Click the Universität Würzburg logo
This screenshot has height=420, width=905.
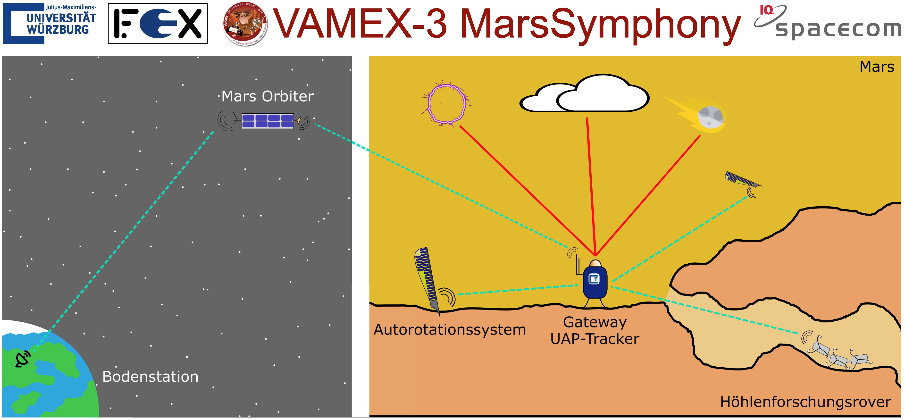50,24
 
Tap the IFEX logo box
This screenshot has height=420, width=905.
158,24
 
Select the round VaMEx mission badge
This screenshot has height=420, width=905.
245,24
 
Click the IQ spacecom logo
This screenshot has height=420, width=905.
827,22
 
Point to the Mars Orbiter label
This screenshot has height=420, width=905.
267,96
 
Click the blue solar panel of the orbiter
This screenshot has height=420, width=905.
268,121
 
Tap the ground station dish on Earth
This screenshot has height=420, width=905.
23,359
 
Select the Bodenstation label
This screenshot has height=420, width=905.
150,377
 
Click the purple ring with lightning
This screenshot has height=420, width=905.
446,104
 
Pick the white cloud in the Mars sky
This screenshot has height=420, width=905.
585,95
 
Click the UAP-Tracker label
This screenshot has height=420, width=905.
595,339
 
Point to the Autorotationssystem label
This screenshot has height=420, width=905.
449,330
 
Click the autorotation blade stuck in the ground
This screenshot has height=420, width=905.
427,278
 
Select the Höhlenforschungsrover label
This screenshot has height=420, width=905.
805,402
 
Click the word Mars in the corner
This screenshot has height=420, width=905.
877,67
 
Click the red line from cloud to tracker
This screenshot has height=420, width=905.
591,186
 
